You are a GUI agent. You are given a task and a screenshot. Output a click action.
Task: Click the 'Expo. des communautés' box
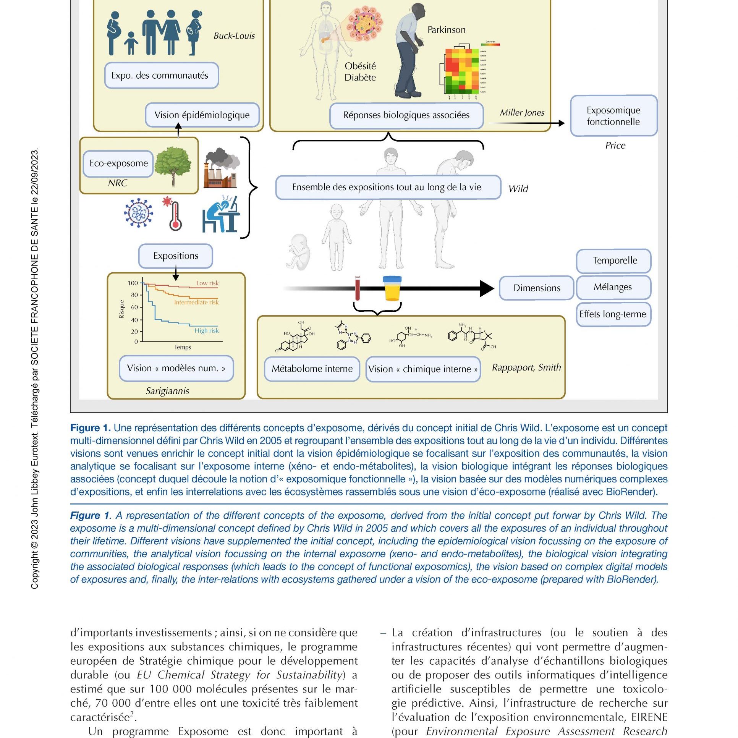point(161,75)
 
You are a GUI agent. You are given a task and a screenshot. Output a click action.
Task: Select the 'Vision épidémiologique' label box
point(202,115)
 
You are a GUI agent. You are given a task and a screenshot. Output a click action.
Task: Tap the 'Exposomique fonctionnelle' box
point(613,116)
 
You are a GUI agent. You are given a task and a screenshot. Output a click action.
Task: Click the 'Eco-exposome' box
point(118,163)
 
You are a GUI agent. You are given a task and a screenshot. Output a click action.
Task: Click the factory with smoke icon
point(221,168)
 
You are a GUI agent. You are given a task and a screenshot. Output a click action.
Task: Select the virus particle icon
point(138,213)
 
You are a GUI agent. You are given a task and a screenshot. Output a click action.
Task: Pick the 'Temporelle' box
point(615,261)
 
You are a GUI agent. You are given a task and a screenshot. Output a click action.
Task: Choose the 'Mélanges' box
point(613,287)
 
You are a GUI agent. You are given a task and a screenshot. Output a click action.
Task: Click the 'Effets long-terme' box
point(613,314)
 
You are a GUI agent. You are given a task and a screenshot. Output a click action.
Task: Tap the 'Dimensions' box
point(536,288)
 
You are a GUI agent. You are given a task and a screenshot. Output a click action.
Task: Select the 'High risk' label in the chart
point(206,330)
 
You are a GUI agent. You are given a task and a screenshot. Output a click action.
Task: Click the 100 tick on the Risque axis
point(133,283)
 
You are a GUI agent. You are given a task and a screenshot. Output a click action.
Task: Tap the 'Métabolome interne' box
point(312,369)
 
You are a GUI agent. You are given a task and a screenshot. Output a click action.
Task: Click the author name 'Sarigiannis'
point(167,391)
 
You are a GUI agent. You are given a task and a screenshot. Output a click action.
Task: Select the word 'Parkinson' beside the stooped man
point(446,30)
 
